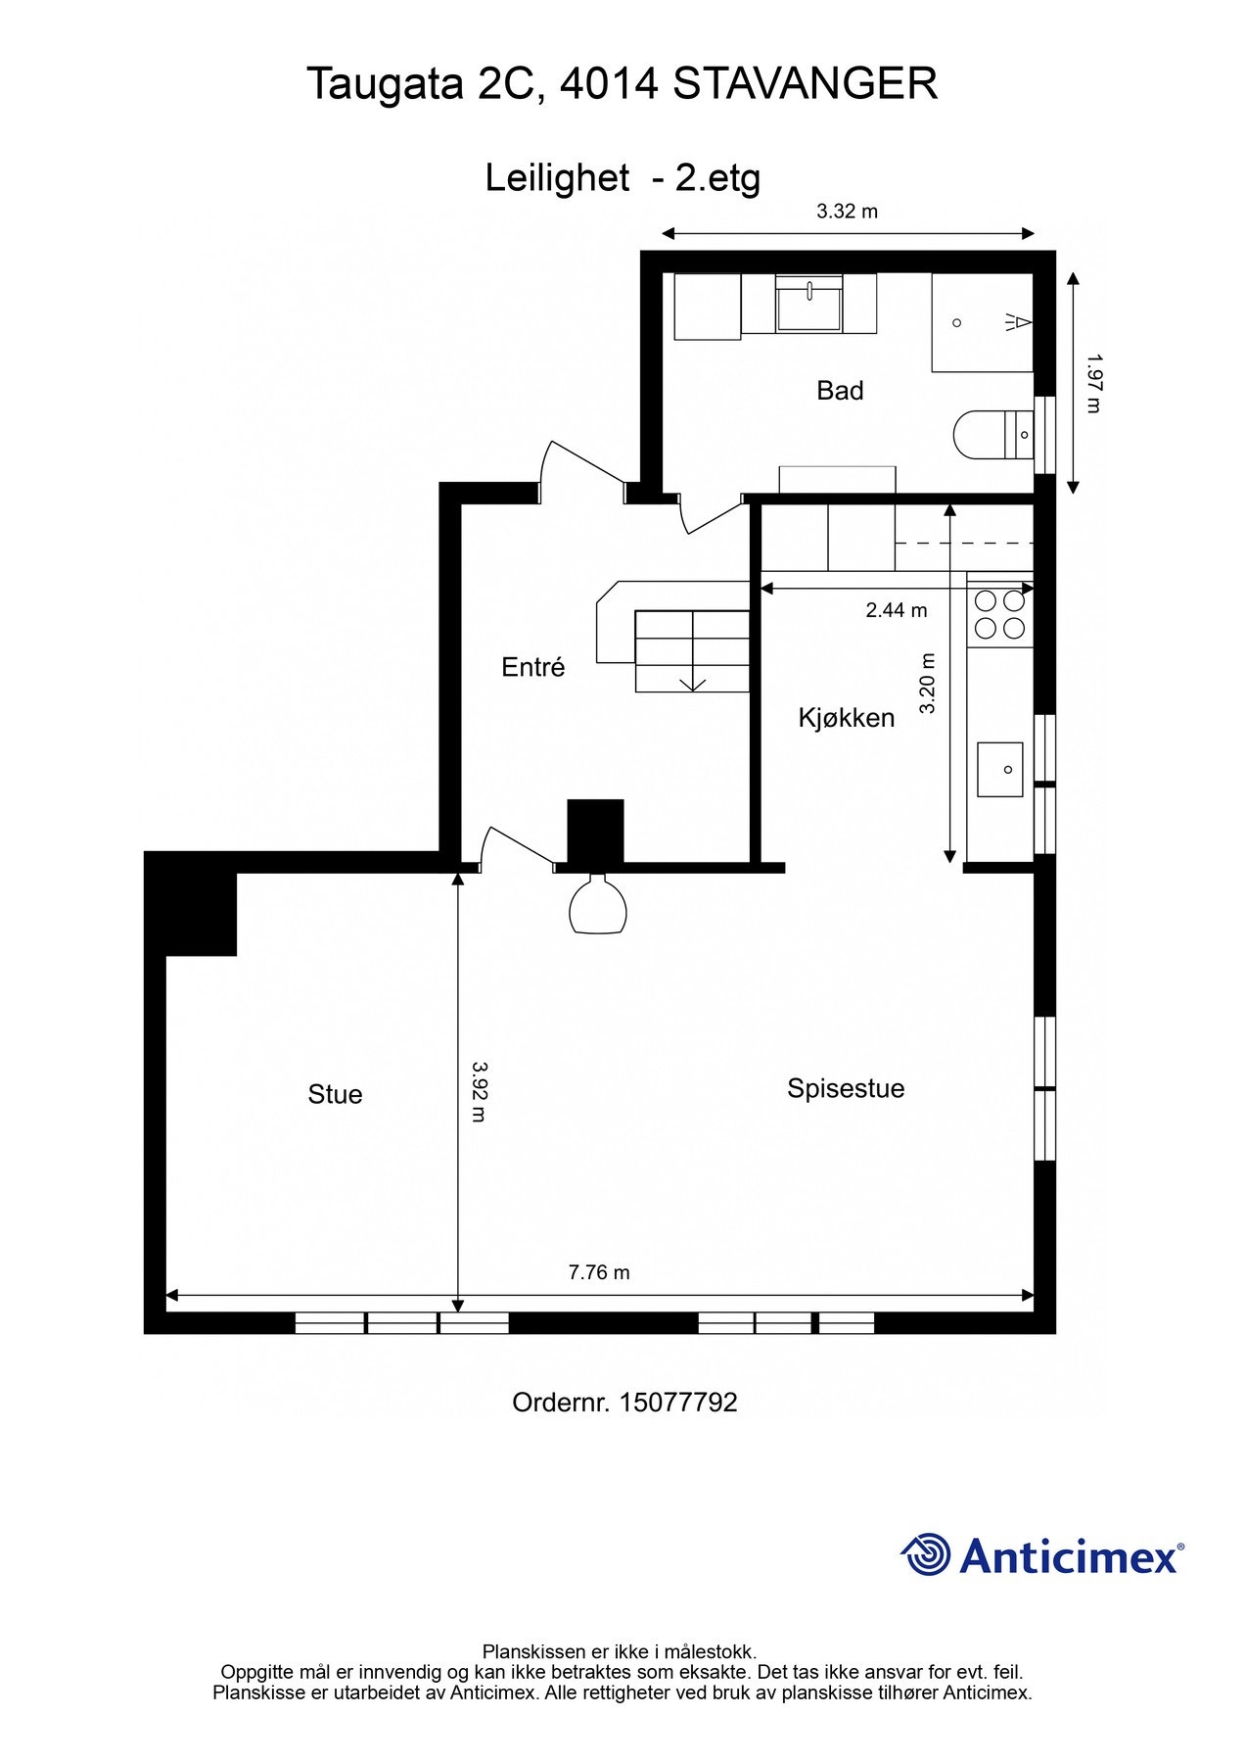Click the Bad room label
point(839,391)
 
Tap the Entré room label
point(532,667)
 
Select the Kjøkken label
point(846,718)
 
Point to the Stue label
point(335,1094)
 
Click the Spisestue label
point(845,1088)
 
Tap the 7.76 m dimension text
point(598,1272)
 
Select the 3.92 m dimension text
point(478,1091)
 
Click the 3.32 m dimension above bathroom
point(847,211)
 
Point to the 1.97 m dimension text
point(1093,383)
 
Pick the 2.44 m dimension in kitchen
point(896,610)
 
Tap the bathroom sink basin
point(808,305)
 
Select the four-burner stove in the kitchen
point(999,614)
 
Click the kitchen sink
point(999,769)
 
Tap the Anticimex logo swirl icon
point(925,1554)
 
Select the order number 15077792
point(677,1402)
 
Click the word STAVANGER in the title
point(805,83)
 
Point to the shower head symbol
point(1017,321)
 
